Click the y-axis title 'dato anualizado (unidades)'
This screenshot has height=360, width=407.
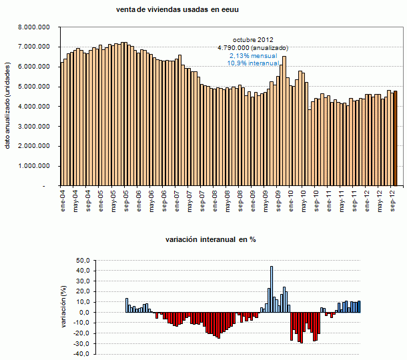[x=9, y=107]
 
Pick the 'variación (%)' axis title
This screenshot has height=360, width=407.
[x=64, y=307]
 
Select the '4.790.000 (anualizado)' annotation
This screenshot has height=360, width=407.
[x=252, y=47]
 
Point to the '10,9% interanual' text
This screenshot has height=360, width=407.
[x=252, y=63]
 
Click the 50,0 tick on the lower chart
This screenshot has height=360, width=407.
[x=81, y=261]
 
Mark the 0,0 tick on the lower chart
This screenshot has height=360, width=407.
[x=83, y=313]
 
